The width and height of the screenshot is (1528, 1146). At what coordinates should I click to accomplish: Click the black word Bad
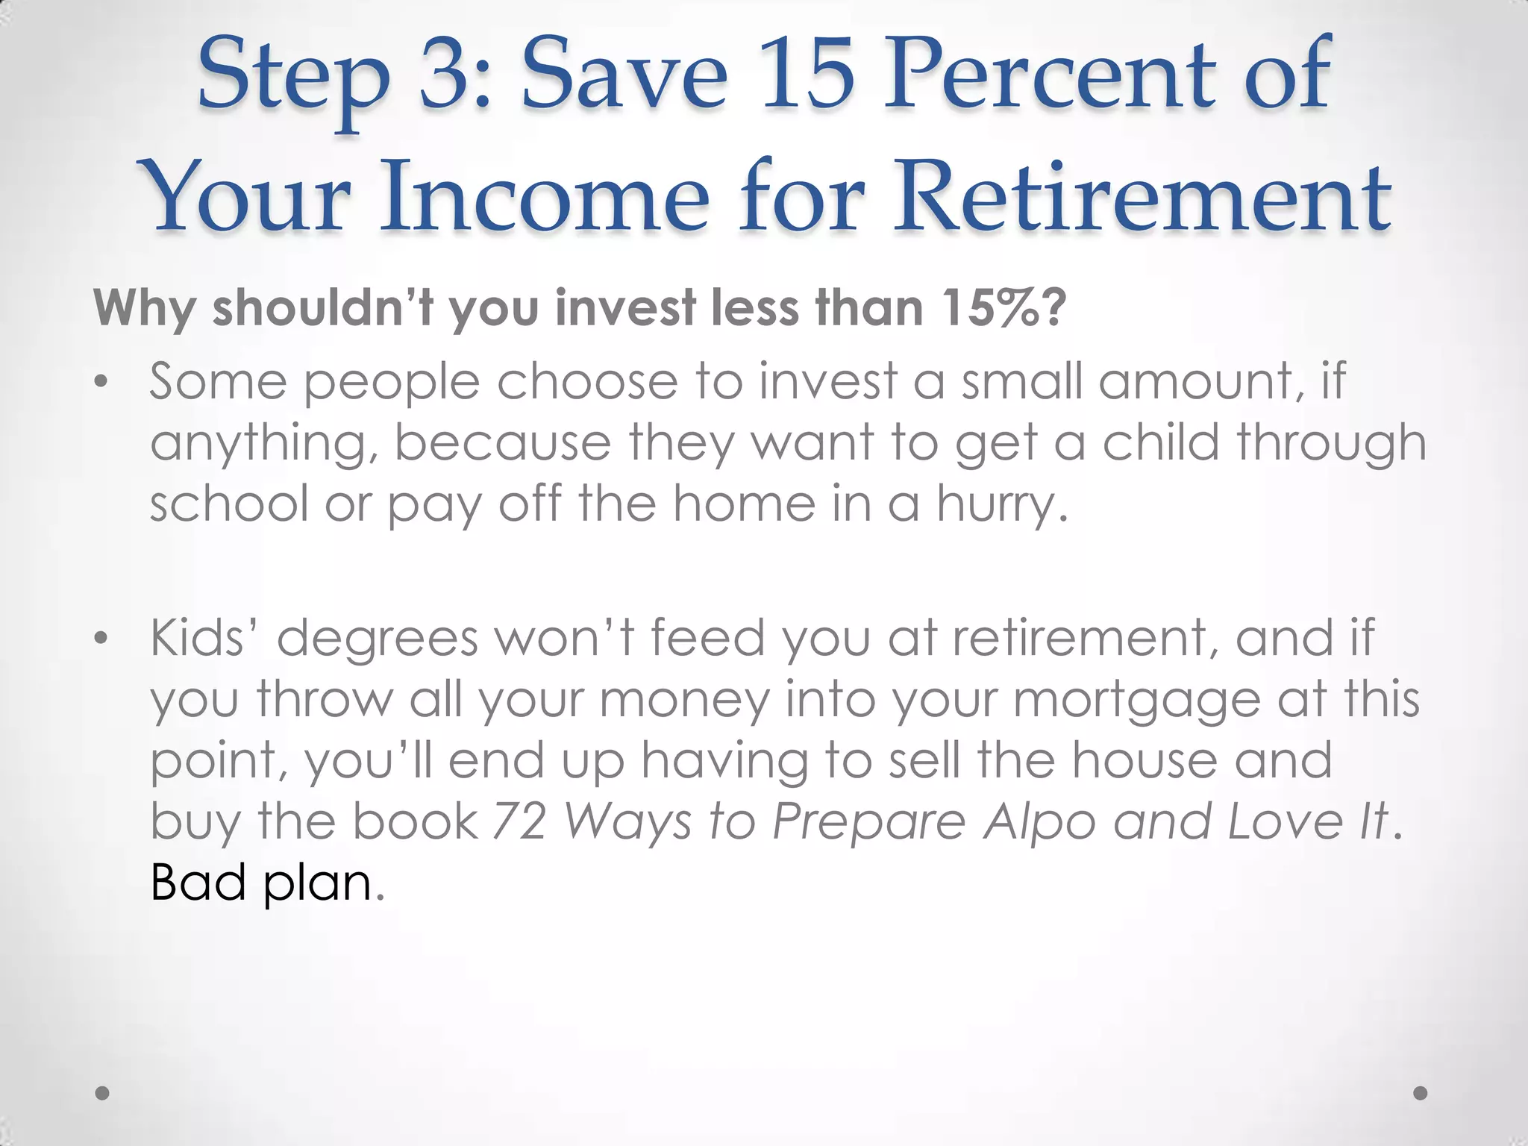tap(198, 883)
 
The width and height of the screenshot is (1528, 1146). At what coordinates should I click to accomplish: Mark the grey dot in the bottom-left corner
tap(103, 1094)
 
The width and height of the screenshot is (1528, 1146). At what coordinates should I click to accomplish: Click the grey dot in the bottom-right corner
tap(1421, 1094)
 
